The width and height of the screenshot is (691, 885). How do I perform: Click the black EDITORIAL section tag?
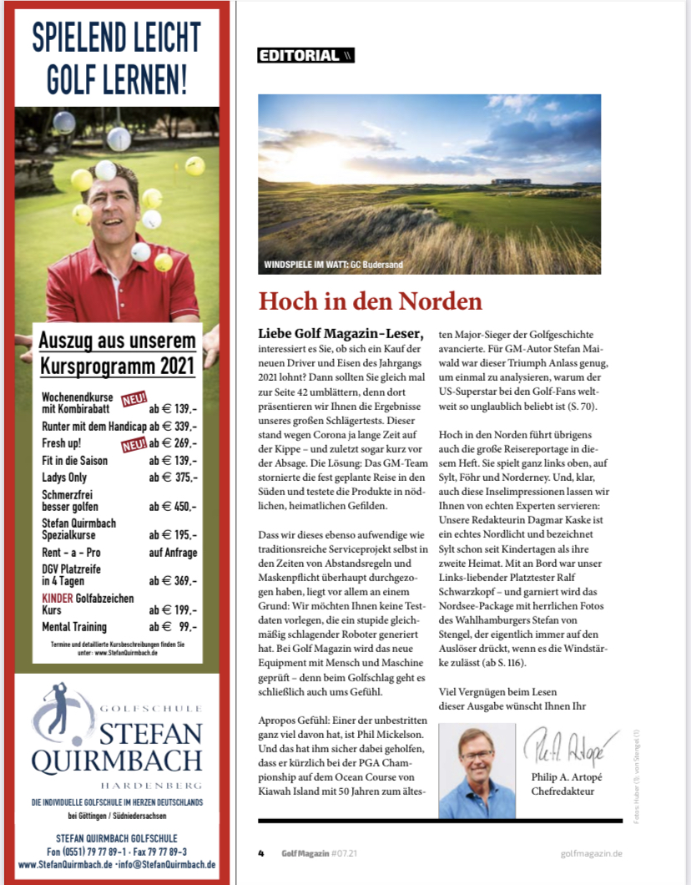tap(305, 56)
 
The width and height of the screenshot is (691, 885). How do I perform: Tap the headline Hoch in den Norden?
tap(371, 301)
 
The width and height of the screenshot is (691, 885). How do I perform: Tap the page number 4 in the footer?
tap(261, 853)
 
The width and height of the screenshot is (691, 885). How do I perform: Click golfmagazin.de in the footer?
tap(591, 853)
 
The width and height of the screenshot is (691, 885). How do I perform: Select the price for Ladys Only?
tap(173, 477)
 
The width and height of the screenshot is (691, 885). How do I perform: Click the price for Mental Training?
tap(173, 627)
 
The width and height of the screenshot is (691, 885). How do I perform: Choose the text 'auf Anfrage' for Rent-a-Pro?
tap(173, 553)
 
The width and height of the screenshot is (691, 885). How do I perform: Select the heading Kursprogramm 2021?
tap(117, 366)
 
